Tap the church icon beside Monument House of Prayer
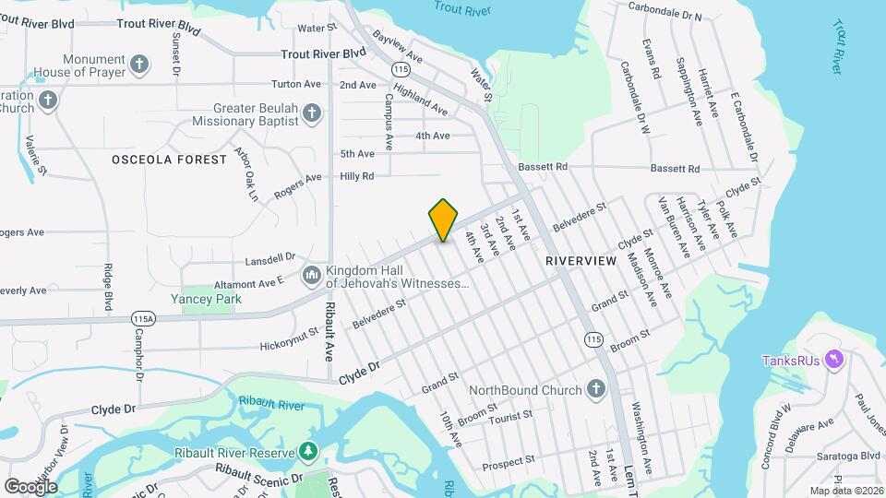pyautogui.click(x=139, y=65)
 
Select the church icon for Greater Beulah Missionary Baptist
pyautogui.click(x=312, y=114)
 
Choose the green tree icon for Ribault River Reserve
pyautogui.click(x=307, y=452)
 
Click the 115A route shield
pyautogui.click(x=143, y=317)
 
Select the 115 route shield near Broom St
pyautogui.click(x=593, y=340)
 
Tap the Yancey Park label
pyautogui.click(x=204, y=299)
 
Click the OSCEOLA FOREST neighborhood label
pyautogui.click(x=169, y=160)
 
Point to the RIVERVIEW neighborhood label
pyautogui.click(x=581, y=262)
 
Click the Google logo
pyautogui.click(x=30, y=486)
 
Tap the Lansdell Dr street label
pyautogui.click(x=270, y=258)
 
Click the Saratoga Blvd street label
pyautogui.click(x=857, y=456)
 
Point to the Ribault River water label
pyautogui.click(x=271, y=404)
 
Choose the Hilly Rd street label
pyautogui.click(x=356, y=175)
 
